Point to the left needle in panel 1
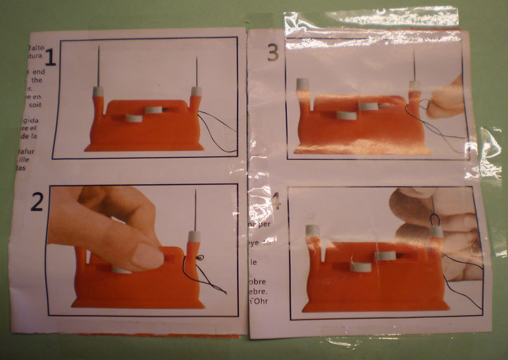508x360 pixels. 99,66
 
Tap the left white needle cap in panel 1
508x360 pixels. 98,91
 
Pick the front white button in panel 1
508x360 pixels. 133,118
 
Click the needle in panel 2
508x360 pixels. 196,210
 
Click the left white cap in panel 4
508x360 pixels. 311,229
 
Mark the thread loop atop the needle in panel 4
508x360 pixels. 435,219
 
